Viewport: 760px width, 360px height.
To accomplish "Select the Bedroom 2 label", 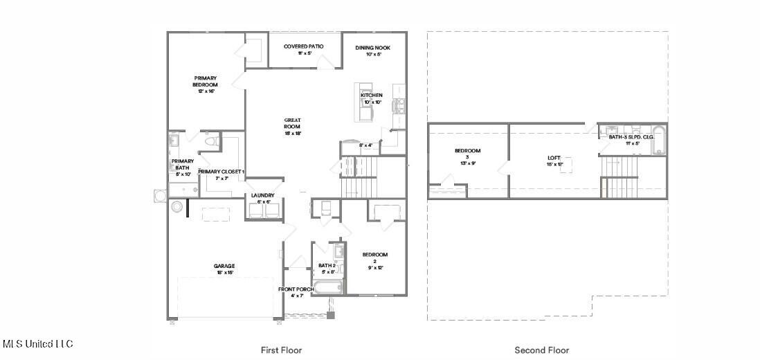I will (374, 258).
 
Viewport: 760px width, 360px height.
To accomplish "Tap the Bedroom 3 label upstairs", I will (467, 154).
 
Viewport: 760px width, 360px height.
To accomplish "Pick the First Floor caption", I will (281, 350).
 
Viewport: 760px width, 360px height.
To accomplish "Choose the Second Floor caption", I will (541, 350).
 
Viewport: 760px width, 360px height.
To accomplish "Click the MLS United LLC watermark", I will (38, 344).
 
